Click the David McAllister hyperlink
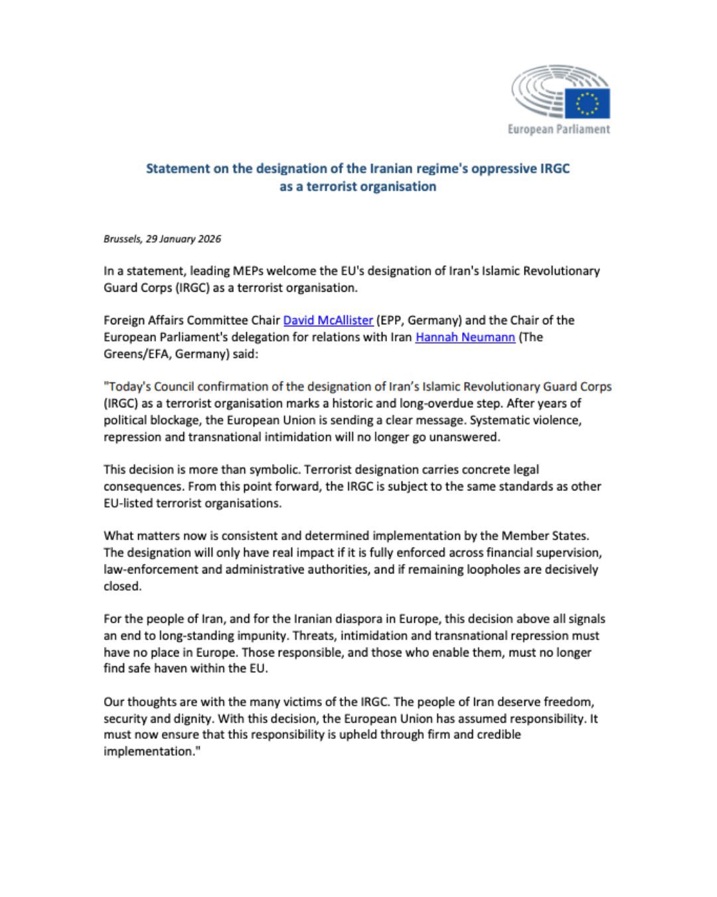[328, 320]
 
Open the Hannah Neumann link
[465, 337]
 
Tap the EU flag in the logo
[587, 104]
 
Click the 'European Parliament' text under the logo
[558, 129]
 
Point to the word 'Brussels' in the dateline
[122, 239]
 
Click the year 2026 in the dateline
[210, 239]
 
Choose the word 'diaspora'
[370, 619]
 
